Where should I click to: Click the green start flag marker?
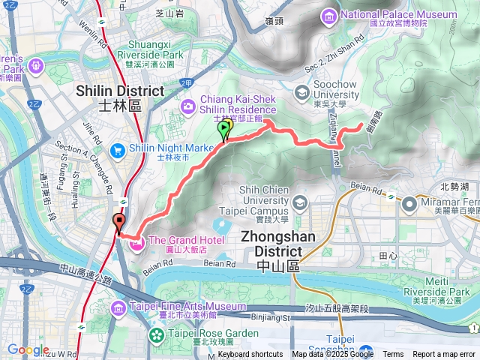(x=223, y=130)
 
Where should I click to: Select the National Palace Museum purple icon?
(x=329, y=15)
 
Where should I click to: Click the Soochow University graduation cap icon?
(x=302, y=92)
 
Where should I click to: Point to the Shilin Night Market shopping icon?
(x=117, y=150)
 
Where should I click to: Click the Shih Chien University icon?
(x=299, y=203)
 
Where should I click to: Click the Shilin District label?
(x=120, y=96)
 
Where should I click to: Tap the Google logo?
(x=28, y=350)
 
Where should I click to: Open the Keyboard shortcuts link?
(x=250, y=355)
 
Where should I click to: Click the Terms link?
(x=393, y=355)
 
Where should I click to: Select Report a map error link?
(x=445, y=355)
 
